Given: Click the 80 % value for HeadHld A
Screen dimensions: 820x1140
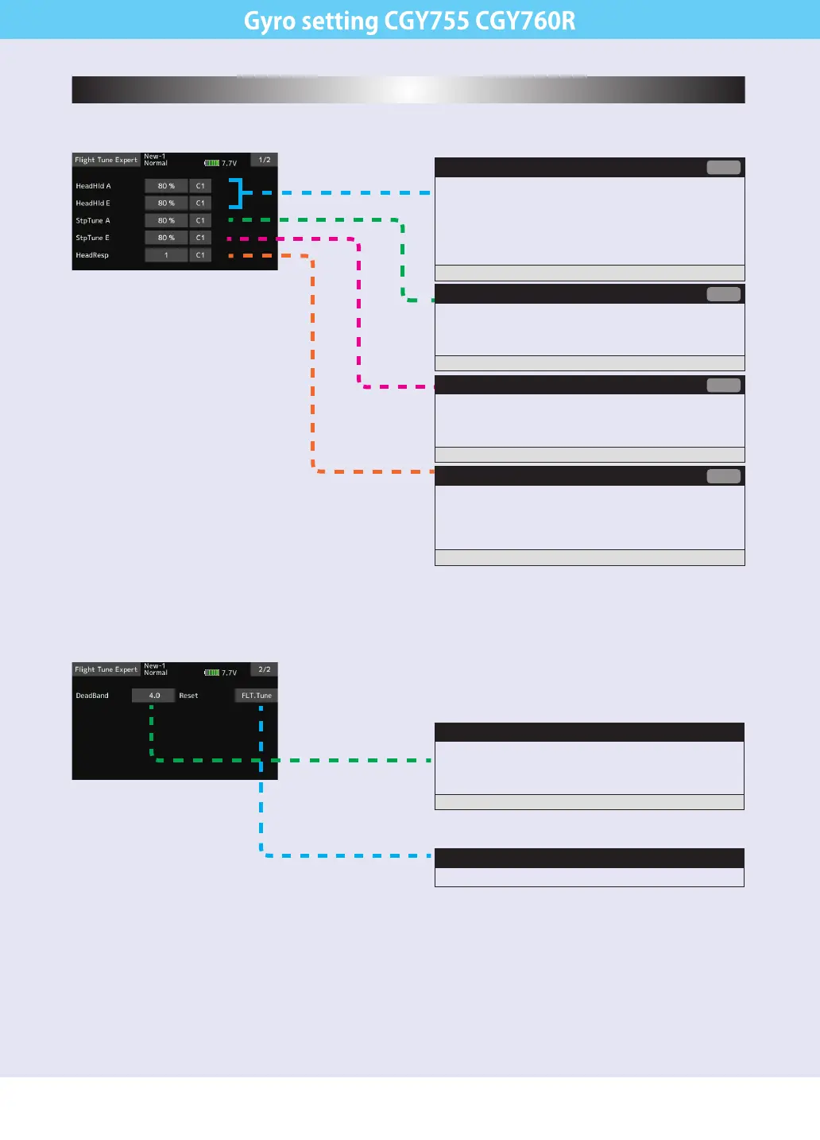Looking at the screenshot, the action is tap(166, 186).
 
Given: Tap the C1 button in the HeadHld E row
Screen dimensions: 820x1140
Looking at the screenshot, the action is tap(200, 204).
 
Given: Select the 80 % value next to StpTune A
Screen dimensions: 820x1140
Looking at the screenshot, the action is tap(166, 221).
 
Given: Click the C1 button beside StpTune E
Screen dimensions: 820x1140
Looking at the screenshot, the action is tap(200, 238).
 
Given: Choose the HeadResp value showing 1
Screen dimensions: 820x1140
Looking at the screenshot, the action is tap(166, 255).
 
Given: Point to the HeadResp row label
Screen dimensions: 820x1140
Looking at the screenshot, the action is tap(92, 255).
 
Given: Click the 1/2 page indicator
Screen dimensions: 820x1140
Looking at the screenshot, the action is tap(265, 160).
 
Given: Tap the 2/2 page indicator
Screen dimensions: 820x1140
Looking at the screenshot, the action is tap(265, 669).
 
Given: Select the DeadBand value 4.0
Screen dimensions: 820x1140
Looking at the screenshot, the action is tap(154, 696).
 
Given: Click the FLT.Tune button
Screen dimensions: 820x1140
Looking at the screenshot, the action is tap(257, 696).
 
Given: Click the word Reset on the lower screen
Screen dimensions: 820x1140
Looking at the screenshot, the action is tap(188, 696).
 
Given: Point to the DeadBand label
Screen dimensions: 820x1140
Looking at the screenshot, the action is tap(92, 696).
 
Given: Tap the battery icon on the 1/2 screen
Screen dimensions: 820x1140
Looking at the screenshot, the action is tap(212, 163).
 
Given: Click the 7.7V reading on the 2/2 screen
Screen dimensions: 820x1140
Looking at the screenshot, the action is tap(229, 673).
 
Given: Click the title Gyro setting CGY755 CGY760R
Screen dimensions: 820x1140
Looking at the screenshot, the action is tap(410, 20).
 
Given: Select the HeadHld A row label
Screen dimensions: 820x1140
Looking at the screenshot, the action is tap(93, 186).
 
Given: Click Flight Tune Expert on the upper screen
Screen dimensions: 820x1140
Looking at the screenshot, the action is tap(106, 160).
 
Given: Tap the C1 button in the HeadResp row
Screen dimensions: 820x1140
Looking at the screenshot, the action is tap(200, 255).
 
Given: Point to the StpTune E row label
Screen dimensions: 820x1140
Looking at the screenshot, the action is tap(92, 238).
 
